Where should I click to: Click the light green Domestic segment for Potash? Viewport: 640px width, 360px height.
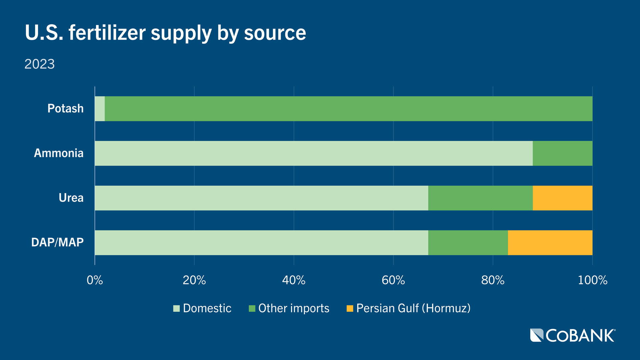pyautogui.click(x=100, y=109)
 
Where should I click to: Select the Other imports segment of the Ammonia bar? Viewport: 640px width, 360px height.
pyautogui.click(x=562, y=153)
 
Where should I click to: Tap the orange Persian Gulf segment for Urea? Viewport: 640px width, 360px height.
pyautogui.click(x=562, y=198)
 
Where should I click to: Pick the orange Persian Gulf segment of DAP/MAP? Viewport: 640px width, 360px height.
pyautogui.click(x=550, y=243)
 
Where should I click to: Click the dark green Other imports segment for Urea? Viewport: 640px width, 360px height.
pyautogui.click(x=480, y=198)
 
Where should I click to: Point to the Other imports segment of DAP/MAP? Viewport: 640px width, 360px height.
pyautogui.click(x=468, y=243)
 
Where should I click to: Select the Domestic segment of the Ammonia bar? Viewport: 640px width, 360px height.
pyautogui.click(x=313, y=153)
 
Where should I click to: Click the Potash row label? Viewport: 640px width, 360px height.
pyautogui.click(x=65, y=109)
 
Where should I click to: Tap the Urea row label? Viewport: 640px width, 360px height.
pyautogui.click(x=71, y=198)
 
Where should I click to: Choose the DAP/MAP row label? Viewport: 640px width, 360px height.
pyautogui.click(x=57, y=242)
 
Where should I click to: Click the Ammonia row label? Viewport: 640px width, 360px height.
pyautogui.click(x=59, y=153)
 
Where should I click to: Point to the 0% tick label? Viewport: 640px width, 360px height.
pyautogui.click(x=95, y=280)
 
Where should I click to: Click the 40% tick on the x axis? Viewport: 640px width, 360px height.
pyautogui.click(x=294, y=280)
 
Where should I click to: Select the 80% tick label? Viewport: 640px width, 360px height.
pyautogui.click(x=493, y=280)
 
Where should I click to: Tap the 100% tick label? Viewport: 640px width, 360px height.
pyautogui.click(x=592, y=280)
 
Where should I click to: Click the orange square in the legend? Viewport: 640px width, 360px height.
pyautogui.click(x=350, y=309)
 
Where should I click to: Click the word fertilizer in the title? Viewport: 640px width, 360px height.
pyautogui.click(x=107, y=33)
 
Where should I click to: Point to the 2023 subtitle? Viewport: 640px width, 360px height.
pyautogui.click(x=39, y=64)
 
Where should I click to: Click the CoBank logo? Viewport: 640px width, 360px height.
pyautogui.click(x=573, y=335)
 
